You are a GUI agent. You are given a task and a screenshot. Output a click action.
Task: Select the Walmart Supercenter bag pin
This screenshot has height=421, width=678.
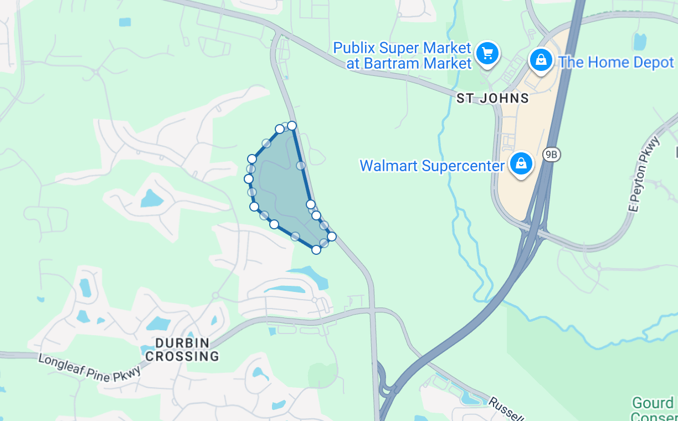521,163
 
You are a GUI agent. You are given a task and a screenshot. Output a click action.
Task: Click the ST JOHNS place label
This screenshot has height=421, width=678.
492,99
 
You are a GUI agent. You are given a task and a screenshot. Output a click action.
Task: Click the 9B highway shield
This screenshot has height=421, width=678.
551,155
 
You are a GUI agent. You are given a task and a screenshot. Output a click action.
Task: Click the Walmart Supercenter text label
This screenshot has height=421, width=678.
432,166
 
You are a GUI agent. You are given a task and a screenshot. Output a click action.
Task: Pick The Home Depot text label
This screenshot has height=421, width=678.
616,62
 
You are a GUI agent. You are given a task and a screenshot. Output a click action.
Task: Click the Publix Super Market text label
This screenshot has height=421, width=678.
402,55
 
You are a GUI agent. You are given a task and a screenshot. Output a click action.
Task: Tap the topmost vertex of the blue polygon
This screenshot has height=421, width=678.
292,126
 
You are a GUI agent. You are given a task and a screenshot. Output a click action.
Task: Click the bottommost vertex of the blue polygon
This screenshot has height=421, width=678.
316,249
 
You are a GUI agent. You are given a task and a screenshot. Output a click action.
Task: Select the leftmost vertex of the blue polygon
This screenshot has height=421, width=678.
249,178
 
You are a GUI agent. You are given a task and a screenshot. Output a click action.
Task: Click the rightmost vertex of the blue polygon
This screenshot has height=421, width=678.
332,237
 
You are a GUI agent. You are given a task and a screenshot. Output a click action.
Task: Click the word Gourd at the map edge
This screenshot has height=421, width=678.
653,403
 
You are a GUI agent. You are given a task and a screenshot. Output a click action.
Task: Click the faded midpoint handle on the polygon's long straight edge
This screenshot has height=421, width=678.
301,165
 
